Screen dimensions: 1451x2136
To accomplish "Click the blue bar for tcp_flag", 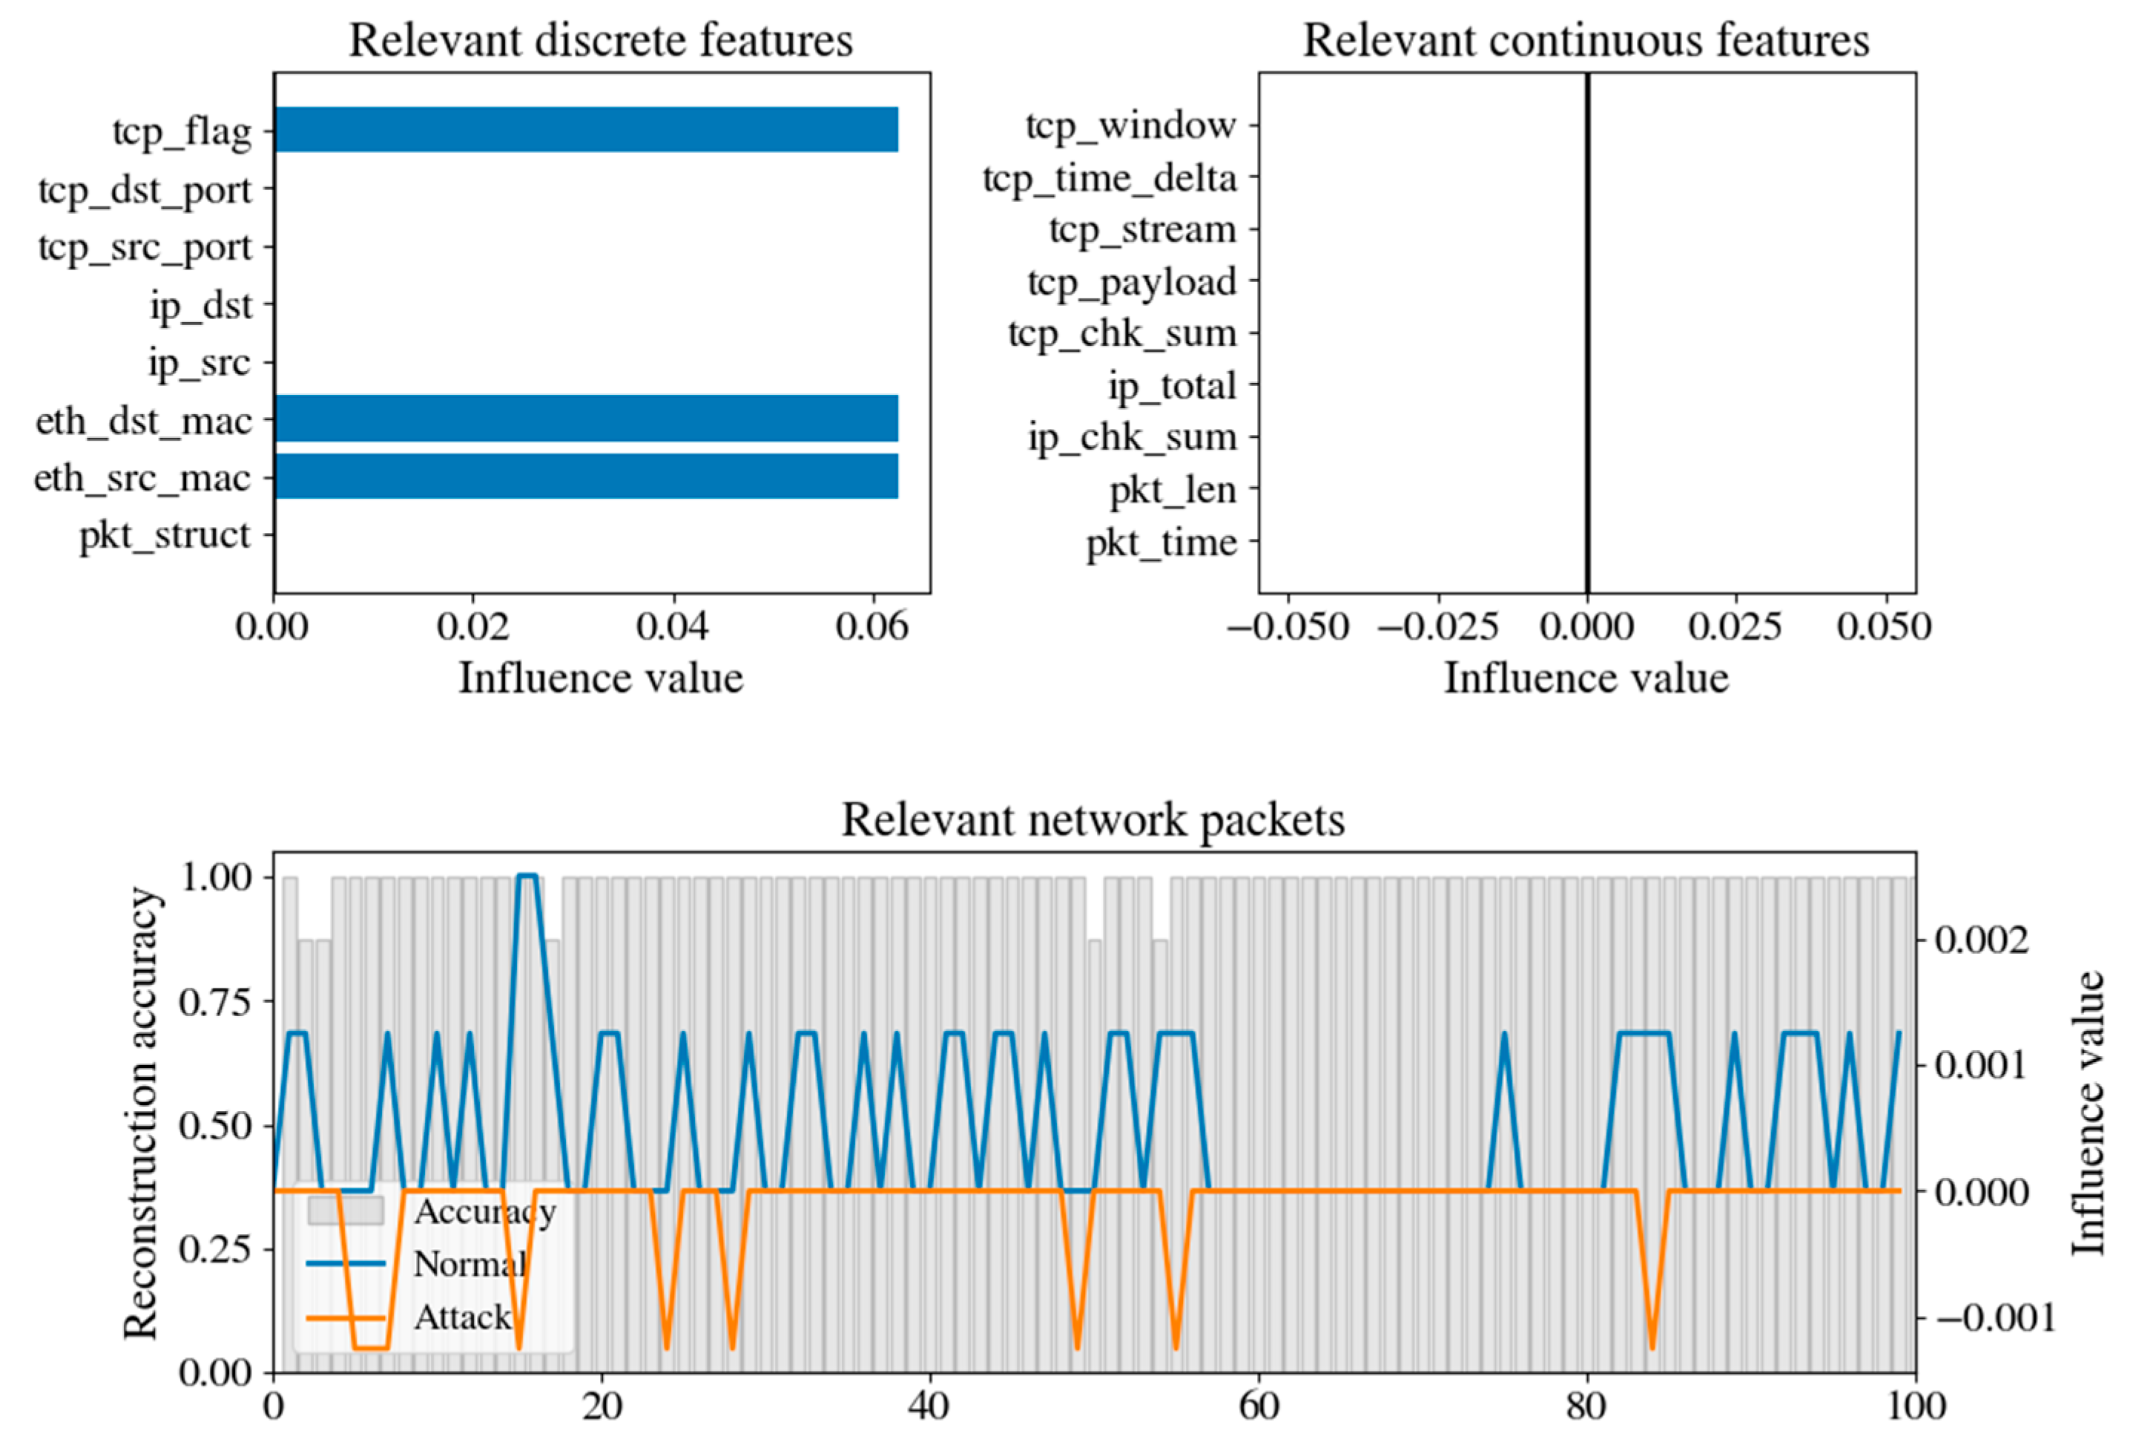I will click(x=587, y=130).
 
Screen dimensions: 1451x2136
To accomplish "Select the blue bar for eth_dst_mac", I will click(x=587, y=419).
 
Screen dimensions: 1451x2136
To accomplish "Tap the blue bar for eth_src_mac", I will click(x=587, y=476).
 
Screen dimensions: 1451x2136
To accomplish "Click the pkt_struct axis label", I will click(x=165, y=535).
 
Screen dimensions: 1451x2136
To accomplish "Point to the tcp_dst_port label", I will click(x=145, y=190).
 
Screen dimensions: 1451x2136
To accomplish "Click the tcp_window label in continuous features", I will click(x=1130, y=125).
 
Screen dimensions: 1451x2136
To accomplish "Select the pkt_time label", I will click(x=1161, y=543).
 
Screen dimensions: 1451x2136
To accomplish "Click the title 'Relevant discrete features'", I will click(x=600, y=41).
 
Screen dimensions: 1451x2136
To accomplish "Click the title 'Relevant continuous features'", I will click(x=1586, y=41).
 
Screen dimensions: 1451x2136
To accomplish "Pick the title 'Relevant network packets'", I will click(x=1092, y=819).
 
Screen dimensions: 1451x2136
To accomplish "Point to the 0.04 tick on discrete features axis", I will click(x=673, y=627).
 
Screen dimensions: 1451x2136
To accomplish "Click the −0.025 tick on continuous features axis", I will click(x=1438, y=627).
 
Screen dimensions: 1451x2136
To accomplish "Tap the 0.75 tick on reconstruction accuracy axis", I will click(x=215, y=1001).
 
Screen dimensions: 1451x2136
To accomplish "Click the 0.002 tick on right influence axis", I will click(x=1982, y=940).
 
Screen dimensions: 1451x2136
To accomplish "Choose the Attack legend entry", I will click(x=461, y=1317).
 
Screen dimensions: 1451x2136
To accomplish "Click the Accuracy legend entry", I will click(x=484, y=1212).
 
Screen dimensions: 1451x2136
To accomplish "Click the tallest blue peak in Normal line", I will click(x=527, y=877).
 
